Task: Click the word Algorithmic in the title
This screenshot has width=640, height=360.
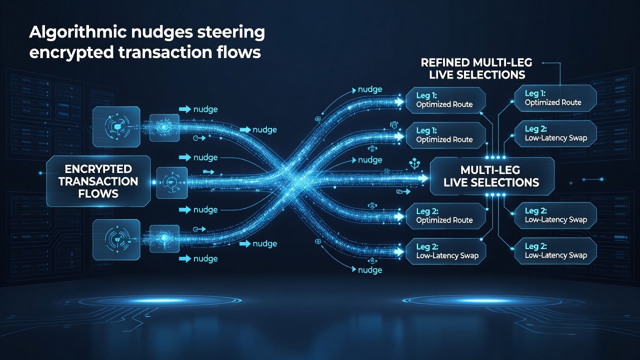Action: pos(77,32)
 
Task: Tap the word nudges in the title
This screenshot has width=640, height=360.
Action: pos(162,32)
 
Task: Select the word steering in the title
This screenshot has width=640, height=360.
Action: pos(231,32)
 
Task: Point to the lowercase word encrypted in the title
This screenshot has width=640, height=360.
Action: pos(71,53)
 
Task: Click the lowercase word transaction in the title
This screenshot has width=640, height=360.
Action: pos(165,52)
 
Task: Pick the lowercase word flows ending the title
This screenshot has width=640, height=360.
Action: pos(238,52)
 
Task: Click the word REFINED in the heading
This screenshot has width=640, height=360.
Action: pos(445,62)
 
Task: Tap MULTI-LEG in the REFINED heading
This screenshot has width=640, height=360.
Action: pos(502,62)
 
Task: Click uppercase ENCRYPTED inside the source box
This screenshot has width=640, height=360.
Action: pos(98,169)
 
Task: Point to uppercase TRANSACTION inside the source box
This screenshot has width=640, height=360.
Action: pos(98,181)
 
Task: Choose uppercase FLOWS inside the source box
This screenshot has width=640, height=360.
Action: pos(98,194)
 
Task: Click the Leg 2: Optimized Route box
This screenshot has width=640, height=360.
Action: pos(445,216)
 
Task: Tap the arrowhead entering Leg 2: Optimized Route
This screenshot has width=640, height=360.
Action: pos(399,217)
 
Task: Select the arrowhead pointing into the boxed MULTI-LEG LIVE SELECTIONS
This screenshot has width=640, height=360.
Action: pos(423,178)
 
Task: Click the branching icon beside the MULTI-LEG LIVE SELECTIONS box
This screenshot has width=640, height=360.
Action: pos(414,164)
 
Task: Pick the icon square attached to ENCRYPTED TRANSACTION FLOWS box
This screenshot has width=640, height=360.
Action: pos(172,183)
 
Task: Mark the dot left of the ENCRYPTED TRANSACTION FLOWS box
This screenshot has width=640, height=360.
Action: pos(40,173)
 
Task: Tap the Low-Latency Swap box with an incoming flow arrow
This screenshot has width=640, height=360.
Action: pos(445,251)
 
